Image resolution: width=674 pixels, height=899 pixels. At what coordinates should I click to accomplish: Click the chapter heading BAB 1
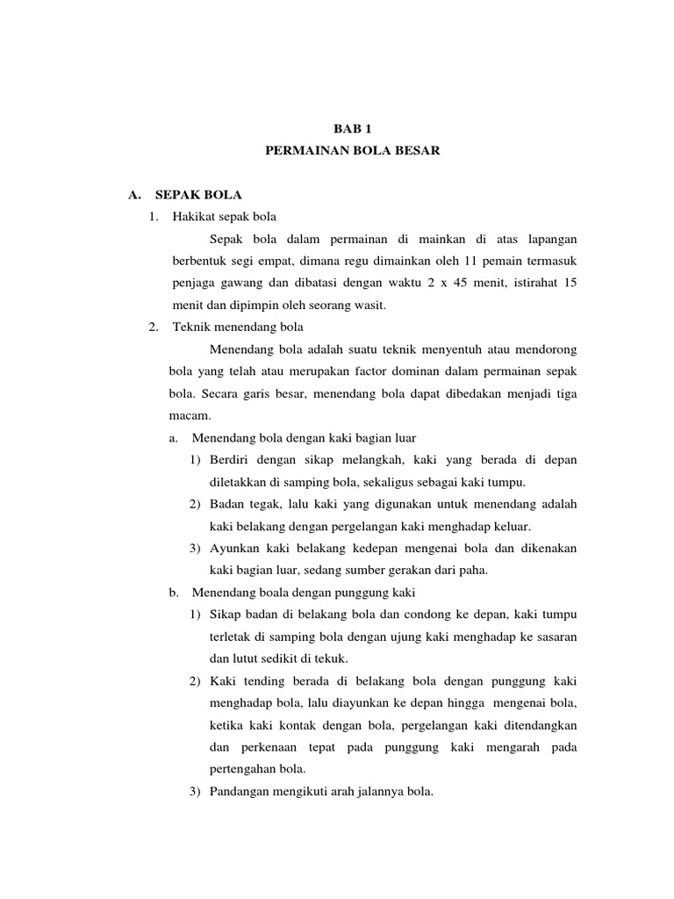point(352,128)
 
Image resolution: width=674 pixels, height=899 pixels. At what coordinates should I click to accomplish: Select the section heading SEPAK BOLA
point(198,193)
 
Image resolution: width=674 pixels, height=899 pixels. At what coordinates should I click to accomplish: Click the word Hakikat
point(195,216)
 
